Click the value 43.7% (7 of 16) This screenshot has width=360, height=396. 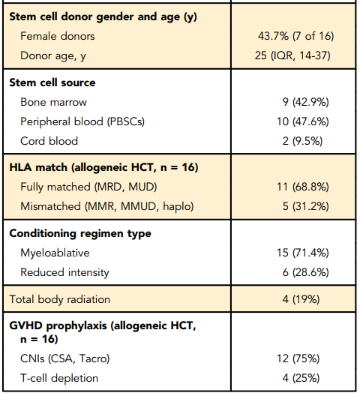(x=295, y=36)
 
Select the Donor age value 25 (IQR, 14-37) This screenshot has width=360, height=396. (x=292, y=55)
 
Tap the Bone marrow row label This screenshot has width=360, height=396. (x=53, y=102)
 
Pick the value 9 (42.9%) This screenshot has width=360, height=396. (x=306, y=102)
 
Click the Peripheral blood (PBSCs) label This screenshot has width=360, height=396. (x=82, y=121)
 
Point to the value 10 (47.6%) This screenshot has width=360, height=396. (x=303, y=121)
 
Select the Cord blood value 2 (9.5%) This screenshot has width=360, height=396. (x=303, y=141)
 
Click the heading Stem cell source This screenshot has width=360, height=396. (x=52, y=82)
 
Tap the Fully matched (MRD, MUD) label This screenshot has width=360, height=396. (x=88, y=187)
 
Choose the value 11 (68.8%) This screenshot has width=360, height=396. (x=303, y=187)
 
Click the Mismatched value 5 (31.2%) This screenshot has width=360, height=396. (x=306, y=206)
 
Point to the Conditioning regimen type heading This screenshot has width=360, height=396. (x=80, y=233)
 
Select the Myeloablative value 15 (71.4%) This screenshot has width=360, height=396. (x=303, y=253)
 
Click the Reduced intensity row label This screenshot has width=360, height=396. (x=64, y=272)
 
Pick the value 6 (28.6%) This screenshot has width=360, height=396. (x=306, y=272)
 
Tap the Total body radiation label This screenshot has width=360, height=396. (x=59, y=299)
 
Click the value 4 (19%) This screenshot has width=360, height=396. (x=301, y=299)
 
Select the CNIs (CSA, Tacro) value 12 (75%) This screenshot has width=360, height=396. (x=298, y=358)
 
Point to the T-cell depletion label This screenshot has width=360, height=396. (x=59, y=378)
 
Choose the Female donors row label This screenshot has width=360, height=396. (x=58, y=36)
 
